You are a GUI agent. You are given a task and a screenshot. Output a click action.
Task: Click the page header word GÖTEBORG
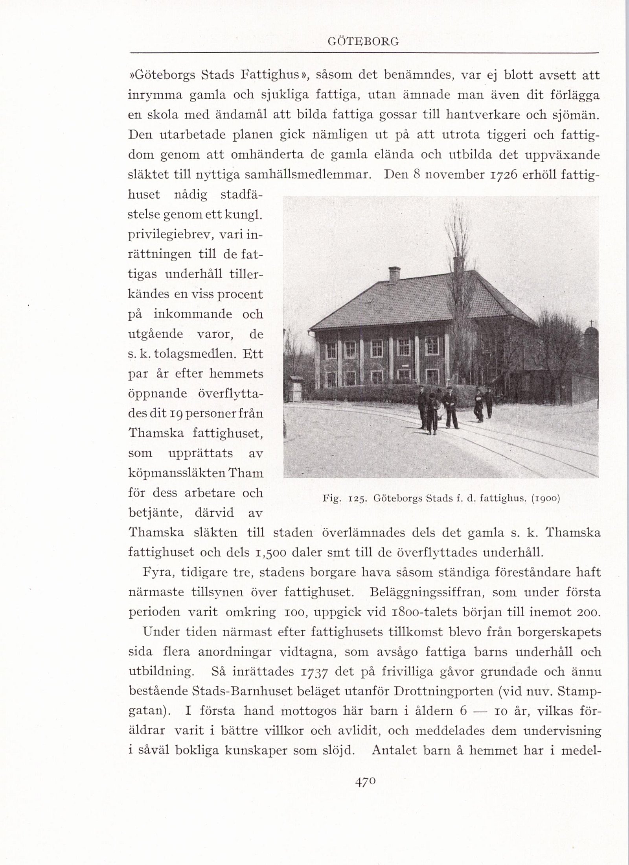pyautogui.click(x=363, y=41)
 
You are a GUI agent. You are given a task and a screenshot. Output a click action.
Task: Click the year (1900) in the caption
pyautogui.click(x=545, y=499)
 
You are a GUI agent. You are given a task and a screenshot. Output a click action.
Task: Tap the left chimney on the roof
pyautogui.click(x=394, y=274)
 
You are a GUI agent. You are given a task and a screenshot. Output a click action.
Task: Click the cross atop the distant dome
pyautogui.click(x=590, y=323)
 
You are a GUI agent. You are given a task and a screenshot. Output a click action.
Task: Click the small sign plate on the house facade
pyautogui.click(x=404, y=366)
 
